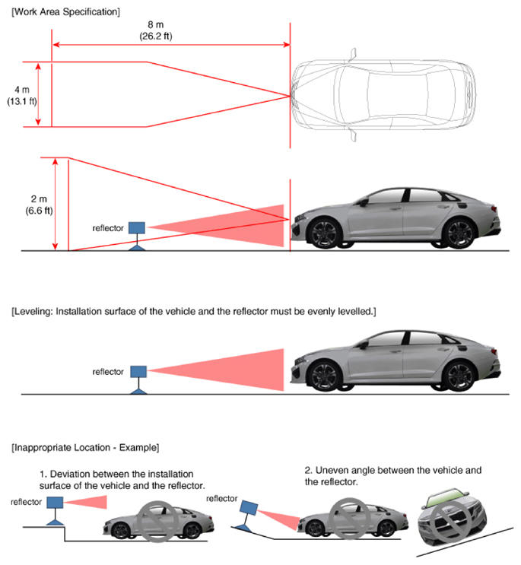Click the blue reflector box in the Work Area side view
point(137,227)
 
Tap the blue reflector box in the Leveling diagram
point(138,371)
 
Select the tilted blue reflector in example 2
point(250,510)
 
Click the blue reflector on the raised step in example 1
point(55,502)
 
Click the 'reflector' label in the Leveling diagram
point(107,372)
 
